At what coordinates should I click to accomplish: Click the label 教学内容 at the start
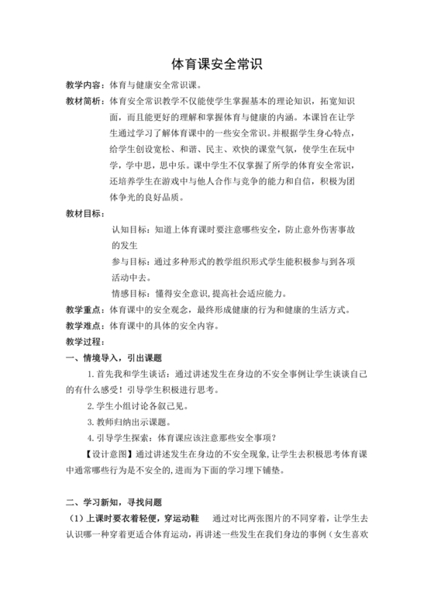point(84,85)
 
